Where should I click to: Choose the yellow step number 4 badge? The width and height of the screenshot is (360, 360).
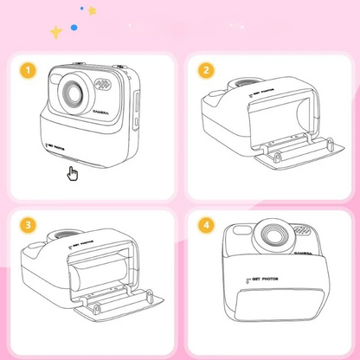205,225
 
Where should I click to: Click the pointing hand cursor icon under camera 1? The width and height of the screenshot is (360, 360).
73,174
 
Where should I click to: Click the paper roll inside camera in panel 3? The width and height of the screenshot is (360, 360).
91,276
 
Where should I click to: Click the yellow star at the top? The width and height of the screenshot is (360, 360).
92,10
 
